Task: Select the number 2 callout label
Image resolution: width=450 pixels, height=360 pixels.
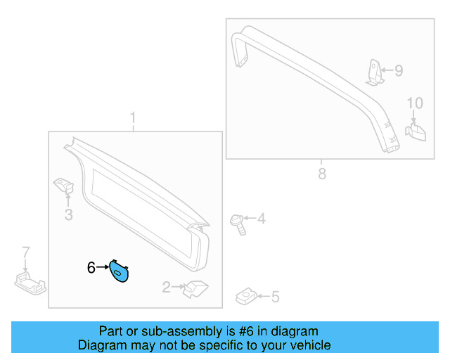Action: (x=167, y=287)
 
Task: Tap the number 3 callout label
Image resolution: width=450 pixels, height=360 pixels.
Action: (x=68, y=215)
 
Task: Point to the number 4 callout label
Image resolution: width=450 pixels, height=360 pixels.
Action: (x=261, y=219)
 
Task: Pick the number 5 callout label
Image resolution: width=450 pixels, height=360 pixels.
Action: (x=275, y=297)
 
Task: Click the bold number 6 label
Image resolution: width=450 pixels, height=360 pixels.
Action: (x=91, y=267)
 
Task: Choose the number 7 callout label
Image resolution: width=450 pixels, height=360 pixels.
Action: (x=26, y=252)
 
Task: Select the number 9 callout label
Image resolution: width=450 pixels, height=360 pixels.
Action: (x=399, y=70)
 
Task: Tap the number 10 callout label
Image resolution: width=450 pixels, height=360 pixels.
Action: (x=415, y=103)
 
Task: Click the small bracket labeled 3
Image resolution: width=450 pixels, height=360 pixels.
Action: (x=65, y=188)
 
